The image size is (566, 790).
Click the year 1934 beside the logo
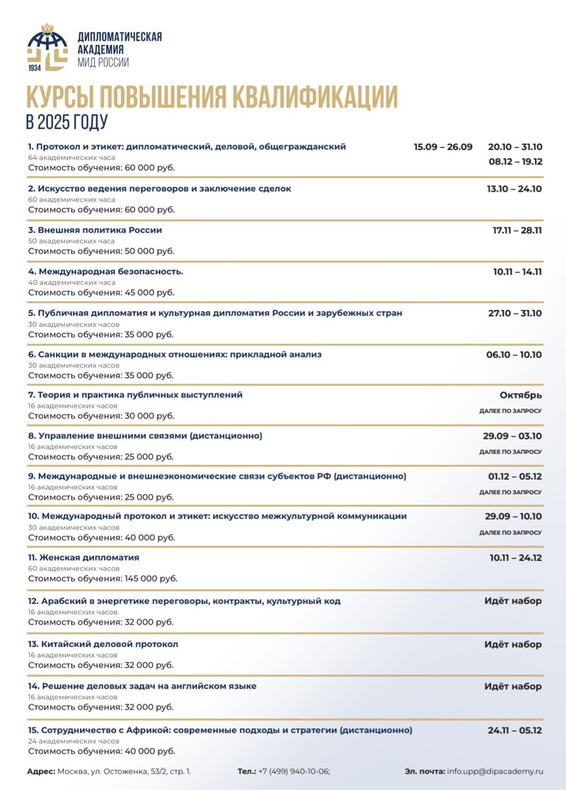(35, 68)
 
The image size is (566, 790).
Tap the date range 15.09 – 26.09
(443, 147)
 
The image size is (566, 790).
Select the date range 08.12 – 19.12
(515, 161)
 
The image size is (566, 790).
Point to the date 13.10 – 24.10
(514, 189)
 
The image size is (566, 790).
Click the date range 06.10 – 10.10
(514, 354)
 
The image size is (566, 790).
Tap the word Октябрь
(521, 395)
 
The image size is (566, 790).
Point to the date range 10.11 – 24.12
(515, 558)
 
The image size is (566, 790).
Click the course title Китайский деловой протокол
(103, 644)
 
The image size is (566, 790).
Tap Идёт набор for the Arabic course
(513, 601)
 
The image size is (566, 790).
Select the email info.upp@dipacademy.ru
(495, 772)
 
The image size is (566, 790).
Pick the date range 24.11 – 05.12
(515, 730)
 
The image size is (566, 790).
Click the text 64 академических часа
(71, 158)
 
